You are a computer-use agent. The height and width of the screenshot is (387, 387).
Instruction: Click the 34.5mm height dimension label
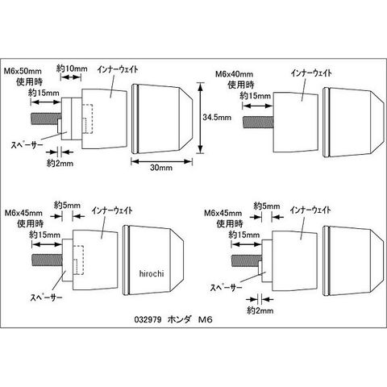coord(217,118)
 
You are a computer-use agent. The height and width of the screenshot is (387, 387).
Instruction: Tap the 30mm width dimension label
coord(161,168)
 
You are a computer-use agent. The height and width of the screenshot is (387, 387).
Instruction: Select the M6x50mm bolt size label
coord(23,71)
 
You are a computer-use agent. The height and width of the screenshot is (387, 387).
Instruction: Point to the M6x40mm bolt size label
coord(235,74)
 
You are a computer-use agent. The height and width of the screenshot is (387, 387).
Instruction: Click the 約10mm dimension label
coord(72,69)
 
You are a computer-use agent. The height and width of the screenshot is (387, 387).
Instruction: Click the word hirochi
coord(152,273)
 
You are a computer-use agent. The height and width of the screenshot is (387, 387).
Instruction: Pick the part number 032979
coord(148,319)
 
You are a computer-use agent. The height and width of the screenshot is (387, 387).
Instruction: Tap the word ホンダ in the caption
coord(179,319)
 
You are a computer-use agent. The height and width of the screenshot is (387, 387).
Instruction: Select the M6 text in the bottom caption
coord(206,319)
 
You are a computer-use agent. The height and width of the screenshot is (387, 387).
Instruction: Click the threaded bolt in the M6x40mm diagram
coord(258,122)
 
